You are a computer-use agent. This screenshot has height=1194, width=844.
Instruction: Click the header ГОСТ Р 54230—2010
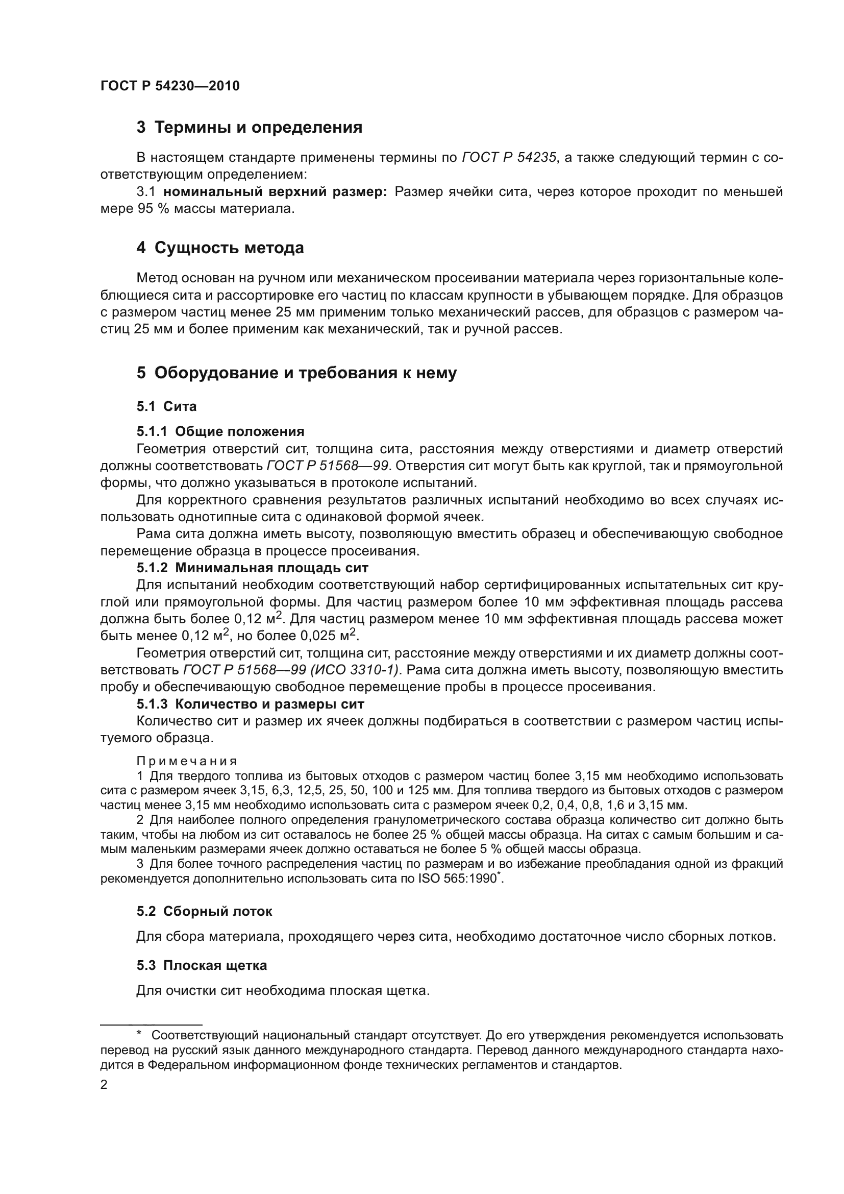point(170,86)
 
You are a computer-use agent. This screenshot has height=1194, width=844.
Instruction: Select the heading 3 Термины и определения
point(250,128)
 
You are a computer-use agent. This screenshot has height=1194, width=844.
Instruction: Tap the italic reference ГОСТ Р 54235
point(509,158)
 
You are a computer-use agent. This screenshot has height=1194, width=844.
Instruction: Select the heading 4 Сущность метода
point(220,248)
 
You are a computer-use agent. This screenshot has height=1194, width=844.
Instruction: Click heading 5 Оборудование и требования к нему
point(297,373)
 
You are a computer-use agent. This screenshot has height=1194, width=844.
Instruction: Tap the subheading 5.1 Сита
point(166,406)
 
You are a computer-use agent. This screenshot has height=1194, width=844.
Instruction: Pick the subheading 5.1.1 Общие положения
point(220,431)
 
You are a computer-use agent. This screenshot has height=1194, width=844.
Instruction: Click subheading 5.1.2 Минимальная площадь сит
point(252,568)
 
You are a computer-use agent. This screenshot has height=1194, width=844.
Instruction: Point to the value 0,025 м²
point(330,636)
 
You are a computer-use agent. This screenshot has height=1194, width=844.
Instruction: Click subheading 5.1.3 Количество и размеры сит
point(250,704)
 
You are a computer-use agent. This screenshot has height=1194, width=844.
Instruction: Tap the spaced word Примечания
point(187,761)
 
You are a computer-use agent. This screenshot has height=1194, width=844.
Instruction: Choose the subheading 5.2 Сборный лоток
point(204,911)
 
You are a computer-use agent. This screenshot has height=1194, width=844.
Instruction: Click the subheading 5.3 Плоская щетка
point(202,965)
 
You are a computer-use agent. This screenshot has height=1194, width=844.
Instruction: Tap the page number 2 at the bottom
point(104,1085)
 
